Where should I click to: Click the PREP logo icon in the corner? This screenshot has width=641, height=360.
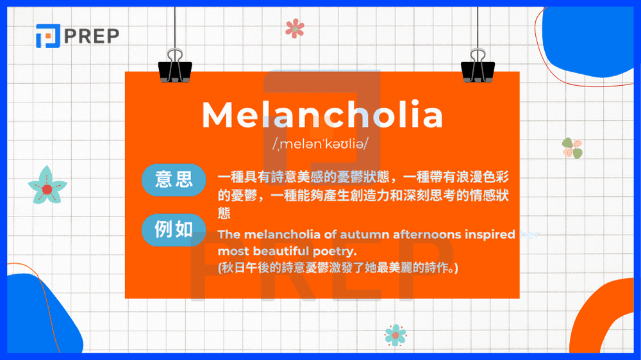pos(47,35)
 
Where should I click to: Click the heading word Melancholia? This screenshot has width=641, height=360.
pos(322,115)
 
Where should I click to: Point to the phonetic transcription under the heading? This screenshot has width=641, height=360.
pos(320,145)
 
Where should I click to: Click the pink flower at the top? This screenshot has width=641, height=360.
pos(295,28)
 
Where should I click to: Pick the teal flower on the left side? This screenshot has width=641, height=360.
pos(47,186)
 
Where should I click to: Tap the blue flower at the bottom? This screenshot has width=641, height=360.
pos(395,334)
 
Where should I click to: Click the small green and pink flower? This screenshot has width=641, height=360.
pos(572,148)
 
